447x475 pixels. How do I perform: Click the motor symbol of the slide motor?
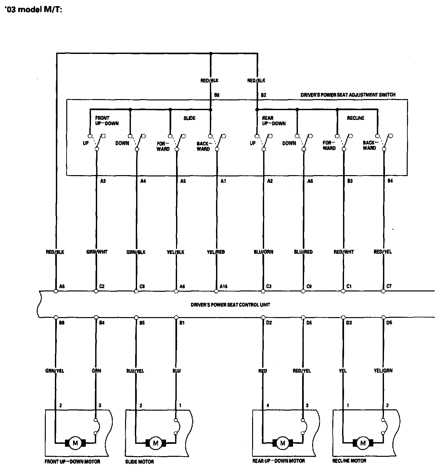[x=155, y=443]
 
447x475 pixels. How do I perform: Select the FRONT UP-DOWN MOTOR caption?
[x=72, y=462]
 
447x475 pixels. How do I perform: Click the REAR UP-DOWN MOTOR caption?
[x=279, y=461]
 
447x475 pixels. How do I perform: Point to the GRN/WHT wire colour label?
[x=97, y=252]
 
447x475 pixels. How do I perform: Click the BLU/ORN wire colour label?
[x=263, y=252]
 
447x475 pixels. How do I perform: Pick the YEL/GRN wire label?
[x=383, y=370]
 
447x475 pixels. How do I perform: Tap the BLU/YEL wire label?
[x=135, y=371]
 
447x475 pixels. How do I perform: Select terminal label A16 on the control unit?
[x=224, y=287]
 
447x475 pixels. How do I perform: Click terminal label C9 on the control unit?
[x=309, y=287]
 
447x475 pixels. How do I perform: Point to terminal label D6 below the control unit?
[x=389, y=323]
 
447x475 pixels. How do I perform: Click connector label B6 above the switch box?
[x=217, y=95]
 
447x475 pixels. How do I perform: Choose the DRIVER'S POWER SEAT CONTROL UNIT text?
[x=230, y=305]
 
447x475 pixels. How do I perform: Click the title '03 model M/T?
[x=33, y=10]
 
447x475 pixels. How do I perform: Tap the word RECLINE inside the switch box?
[x=356, y=118]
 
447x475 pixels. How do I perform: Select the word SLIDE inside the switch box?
[x=189, y=118]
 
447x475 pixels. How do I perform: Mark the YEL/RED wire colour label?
[x=216, y=252]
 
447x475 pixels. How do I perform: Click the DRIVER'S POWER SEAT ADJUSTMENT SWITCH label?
[x=348, y=95]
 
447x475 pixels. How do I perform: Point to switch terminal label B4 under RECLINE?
[x=390, y=181]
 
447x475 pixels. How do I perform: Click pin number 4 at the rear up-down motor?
[x=268, y=405]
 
